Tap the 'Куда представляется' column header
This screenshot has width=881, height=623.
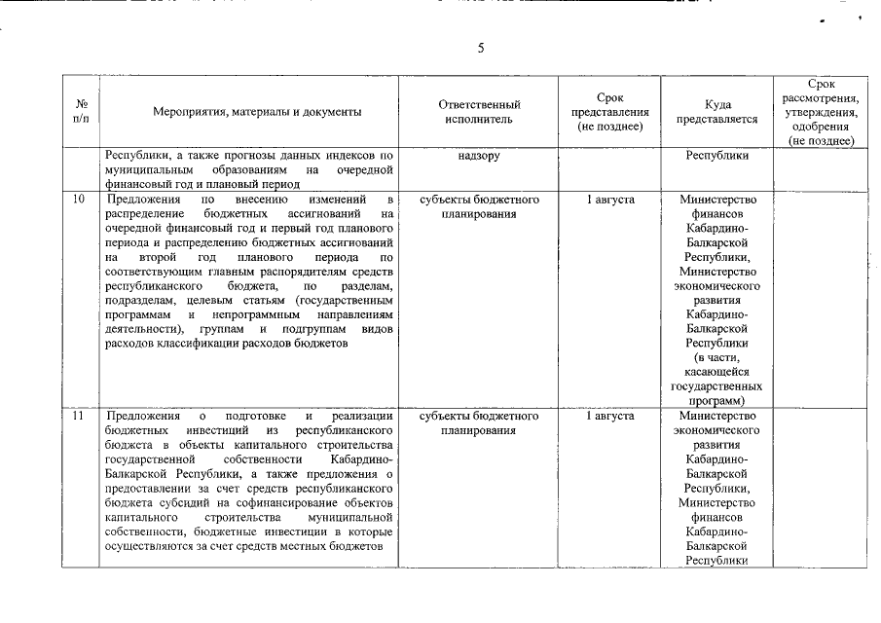pos(716,112)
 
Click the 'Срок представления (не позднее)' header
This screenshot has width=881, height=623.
pos(609,112)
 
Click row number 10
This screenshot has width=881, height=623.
pos(80,200)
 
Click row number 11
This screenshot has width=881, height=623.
pos(80,416)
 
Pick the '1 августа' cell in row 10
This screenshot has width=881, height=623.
pos(610,200)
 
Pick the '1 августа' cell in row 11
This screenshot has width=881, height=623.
pos(610,416)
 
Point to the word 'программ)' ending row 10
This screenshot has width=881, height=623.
pos(716,400)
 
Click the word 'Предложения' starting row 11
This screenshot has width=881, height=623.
pos(138,416)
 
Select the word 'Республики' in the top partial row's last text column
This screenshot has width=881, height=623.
pos(716,156)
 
